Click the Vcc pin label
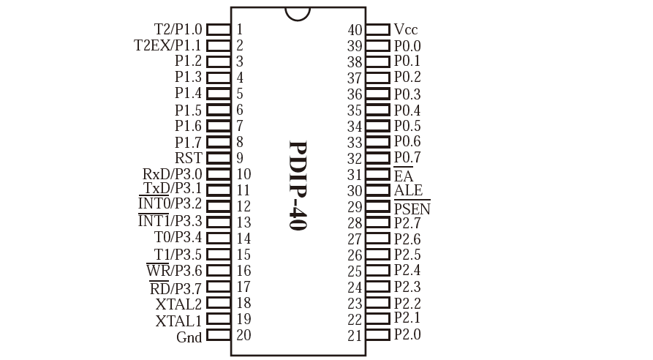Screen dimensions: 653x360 [x=406, y=29]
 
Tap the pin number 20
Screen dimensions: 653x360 [x=244, y=335]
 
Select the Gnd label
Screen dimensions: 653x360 [x=189, y=337]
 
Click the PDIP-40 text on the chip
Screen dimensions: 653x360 [x=298, y=185]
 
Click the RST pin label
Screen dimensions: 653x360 [x=188, y=158]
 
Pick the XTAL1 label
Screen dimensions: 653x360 [x=178, y=320]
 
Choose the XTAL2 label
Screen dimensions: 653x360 [x=178, y=304]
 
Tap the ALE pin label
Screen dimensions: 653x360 [x=408, y=190]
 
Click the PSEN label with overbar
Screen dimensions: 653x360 [x=412, y=208]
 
